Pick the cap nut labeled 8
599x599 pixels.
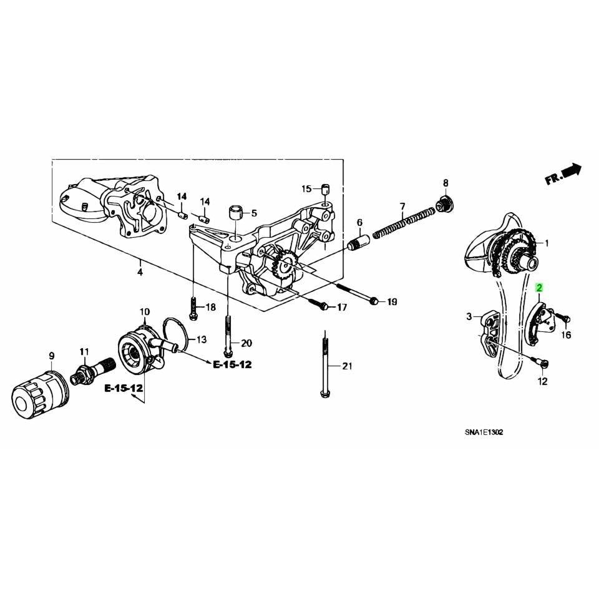click(445, 203)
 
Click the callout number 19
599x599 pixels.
click(392, 302)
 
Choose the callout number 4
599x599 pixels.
click(140, 273)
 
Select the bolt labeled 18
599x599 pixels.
click(193, 307)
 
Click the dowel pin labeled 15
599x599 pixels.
click(325, 188)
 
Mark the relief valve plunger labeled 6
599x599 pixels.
click(359, 241)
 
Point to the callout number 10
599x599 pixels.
click(144, 311)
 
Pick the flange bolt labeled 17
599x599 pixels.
click(322, 305)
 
